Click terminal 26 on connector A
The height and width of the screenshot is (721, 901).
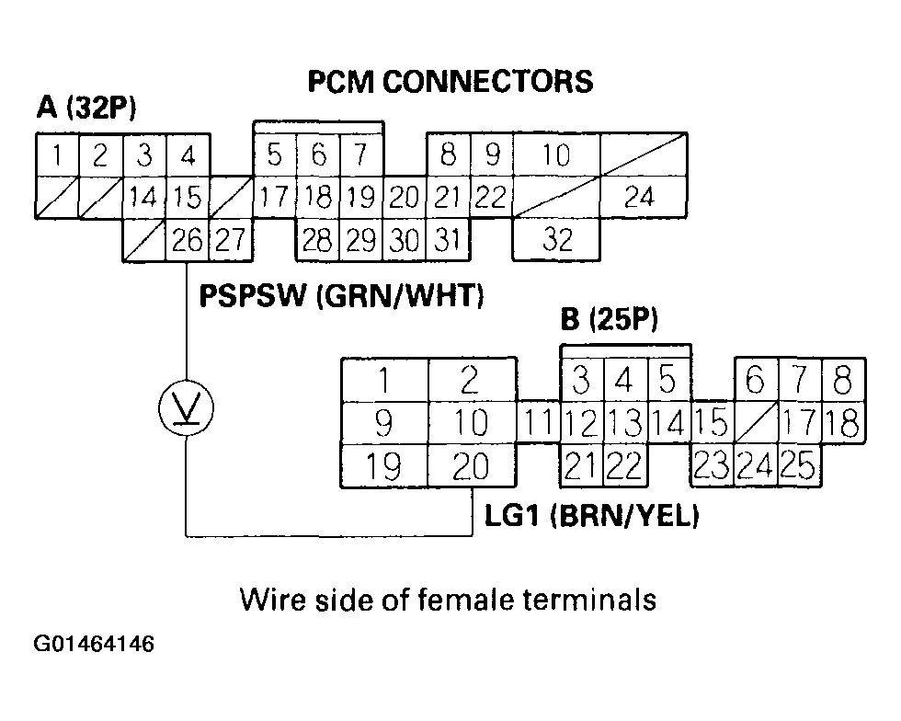(188, 240)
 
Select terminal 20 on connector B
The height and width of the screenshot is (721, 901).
(472, 467)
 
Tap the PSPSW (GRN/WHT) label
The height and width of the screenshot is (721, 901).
(341, 297)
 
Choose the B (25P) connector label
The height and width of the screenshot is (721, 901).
(610, 321)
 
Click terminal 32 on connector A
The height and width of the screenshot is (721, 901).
(556, 240)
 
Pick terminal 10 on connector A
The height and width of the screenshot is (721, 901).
(555, 154)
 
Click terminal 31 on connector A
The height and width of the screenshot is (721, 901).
(447, 240)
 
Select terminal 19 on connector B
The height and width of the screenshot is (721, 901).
(383, 467)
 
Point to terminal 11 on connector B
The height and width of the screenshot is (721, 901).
(539, 424)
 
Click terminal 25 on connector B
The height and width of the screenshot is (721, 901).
(799, 467)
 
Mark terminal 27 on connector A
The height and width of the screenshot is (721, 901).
(231, 240)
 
